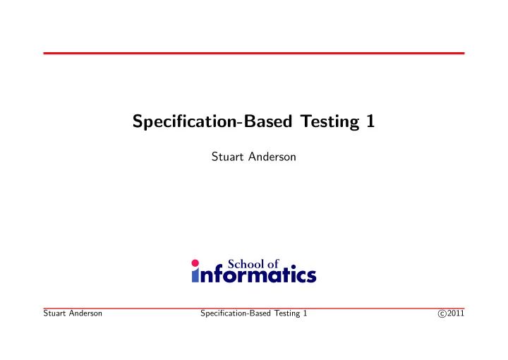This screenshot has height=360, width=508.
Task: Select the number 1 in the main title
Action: click(x=370, y=121)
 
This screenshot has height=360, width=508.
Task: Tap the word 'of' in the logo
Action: click(x=273, y=263)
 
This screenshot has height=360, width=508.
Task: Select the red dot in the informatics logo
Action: click(x=196, y=262)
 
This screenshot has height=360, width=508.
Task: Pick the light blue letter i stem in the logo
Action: click(x=196, y=276)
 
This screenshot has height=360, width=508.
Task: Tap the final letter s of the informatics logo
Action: click(x=310, y=276)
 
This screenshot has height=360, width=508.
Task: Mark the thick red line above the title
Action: click(x=254, y=53)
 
